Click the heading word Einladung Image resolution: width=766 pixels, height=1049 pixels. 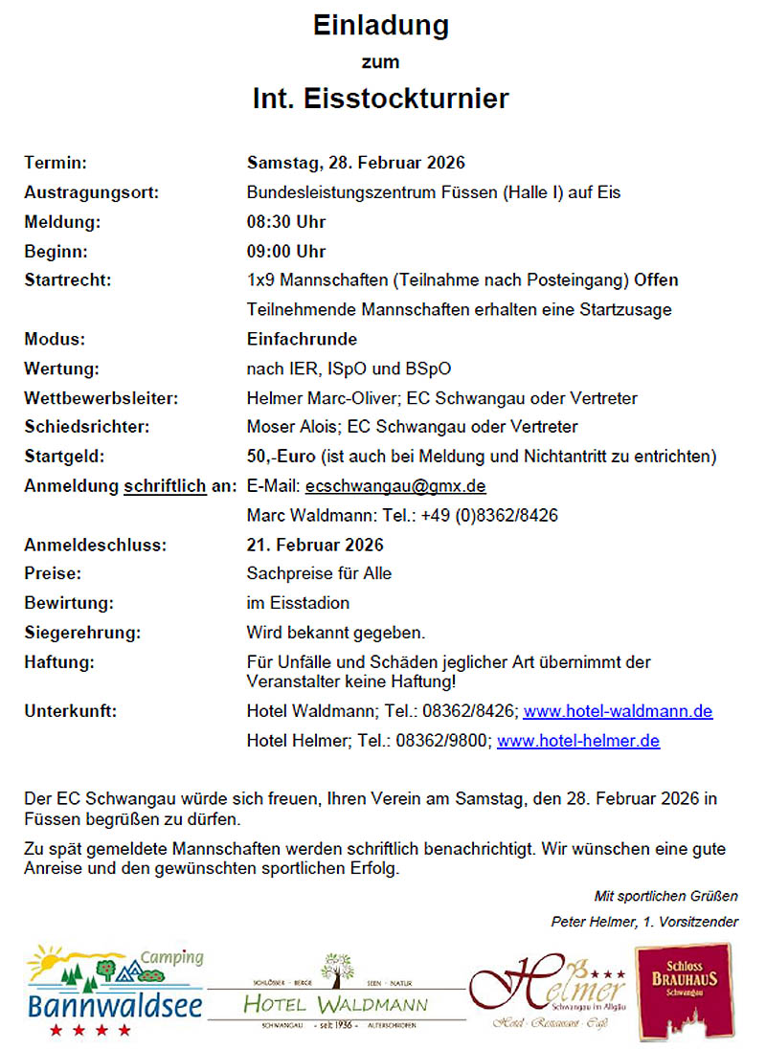click(x=381, y=26)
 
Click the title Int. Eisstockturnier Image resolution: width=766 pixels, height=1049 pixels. click(x=381, y=98)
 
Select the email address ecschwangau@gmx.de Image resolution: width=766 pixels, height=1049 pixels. click(x=395, y=486)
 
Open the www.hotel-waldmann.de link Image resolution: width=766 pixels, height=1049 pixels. click(x=618, y=712)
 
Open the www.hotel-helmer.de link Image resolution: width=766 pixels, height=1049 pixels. click(x=577, y=741)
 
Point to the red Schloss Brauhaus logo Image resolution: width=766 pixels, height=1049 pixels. click(x=683, y=991)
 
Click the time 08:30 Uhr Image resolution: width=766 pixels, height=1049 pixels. click(x=285, y=222)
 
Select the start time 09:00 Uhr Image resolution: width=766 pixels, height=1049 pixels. click(x=285, y=252)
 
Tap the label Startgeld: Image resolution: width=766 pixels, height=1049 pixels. click(x=64, y=457)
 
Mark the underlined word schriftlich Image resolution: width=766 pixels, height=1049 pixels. click(x=165, y=486)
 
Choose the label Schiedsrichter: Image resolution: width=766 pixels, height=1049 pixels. click(x=86, y=427)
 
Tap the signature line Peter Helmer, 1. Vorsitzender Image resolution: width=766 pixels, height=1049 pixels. click(x=644, y=922)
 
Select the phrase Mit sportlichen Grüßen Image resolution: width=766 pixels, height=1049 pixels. click(x=665, y=897)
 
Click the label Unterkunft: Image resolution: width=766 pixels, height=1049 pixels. click(x=70, y=712)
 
